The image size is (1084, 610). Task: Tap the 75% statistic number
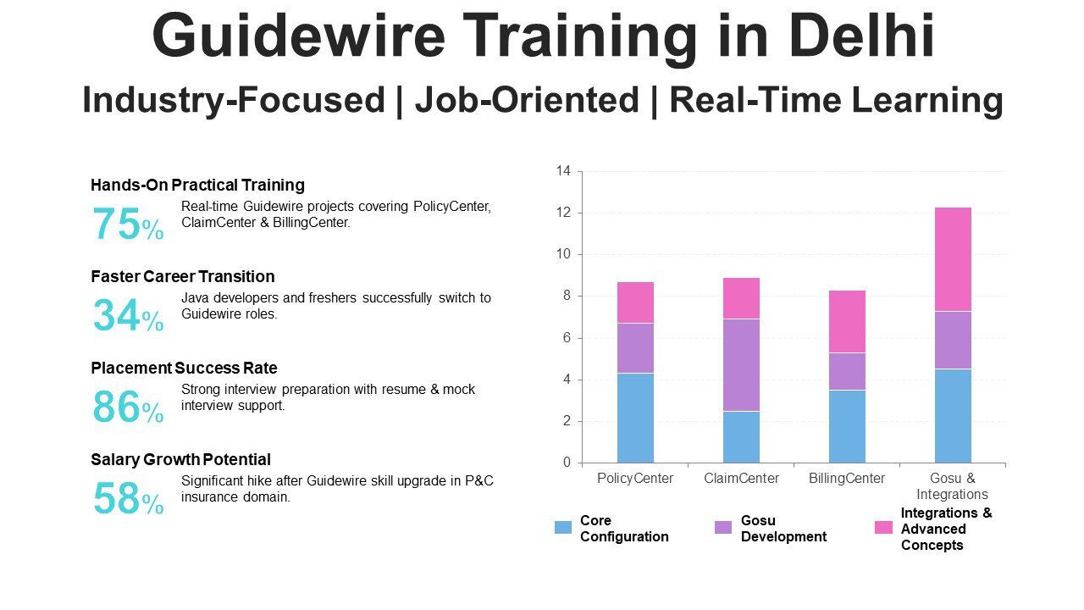coord(127,225)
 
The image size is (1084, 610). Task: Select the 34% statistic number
coord(127,316)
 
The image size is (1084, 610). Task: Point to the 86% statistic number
coord(127,408)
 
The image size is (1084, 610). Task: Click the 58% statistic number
coord(127,499)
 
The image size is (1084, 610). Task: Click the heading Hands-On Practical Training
coord(197,185)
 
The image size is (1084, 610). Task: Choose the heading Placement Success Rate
coord(184,368)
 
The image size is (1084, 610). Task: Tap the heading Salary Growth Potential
coord(180,459)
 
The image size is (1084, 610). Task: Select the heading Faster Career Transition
coord(182,276)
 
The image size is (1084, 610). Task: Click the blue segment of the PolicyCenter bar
coord(635,418)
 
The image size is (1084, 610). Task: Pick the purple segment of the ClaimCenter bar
coord(741,365)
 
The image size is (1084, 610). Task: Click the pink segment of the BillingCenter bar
coord(847,321)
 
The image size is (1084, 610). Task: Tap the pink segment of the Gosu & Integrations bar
coord(953,259)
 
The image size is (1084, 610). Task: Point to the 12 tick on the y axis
coord(563,213)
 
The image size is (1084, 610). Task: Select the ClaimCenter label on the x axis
coord(741,479)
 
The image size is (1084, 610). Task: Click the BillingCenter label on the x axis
coord(847,479)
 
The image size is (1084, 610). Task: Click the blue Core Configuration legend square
coord(563,528)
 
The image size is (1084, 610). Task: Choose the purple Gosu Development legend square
coord(723,528)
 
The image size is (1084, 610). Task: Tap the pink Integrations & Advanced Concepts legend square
coord(883,528)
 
